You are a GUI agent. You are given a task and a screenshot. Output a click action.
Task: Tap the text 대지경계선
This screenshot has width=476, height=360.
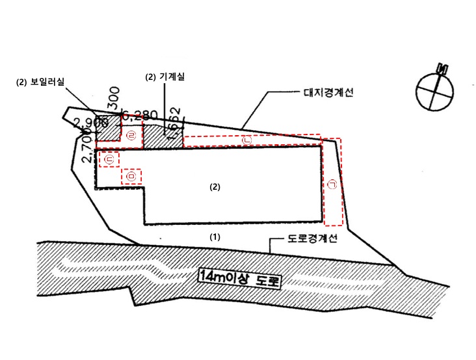328,93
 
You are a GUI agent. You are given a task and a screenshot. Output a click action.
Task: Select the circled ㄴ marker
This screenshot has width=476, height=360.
246,140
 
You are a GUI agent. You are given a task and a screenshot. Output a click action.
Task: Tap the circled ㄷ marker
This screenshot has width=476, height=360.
109,159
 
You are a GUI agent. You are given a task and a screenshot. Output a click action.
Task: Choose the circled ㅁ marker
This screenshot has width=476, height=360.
131,176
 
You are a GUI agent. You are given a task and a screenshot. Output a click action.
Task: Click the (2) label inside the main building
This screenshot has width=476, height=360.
215,186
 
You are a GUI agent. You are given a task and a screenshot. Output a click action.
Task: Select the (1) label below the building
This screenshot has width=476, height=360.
215,237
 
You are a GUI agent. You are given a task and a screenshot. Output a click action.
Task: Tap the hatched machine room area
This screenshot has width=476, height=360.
156,135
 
